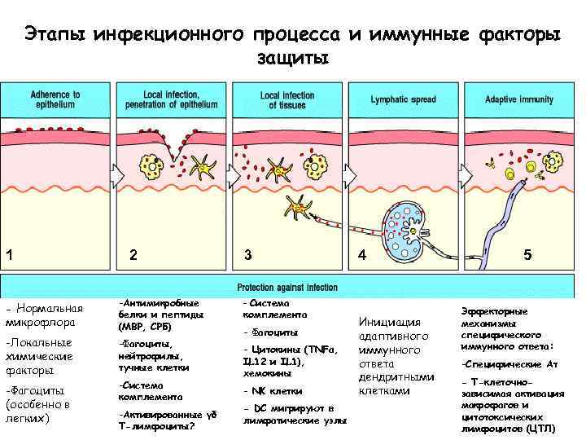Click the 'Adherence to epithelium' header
pyautogui.click(x=55, y=99)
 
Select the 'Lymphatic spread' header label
pyautogui.click(x=403, y=99)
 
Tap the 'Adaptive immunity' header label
pyautogui.click(x=518, y=99)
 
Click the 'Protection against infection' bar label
pyautogui.click(x=286, y=288)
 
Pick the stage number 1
pyautogui.click(x=8, y=255)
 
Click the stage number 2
pyautogui.click(x=133, y=255)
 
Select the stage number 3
pyautogui.click(x=248, y=255)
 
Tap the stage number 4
pyautogui.click(x=362, y=255)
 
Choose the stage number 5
pyautogui.click(x=528, y=255)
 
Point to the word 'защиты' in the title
pyautogui.click(x=293, y=59)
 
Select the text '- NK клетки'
pyautogui.click(x=273, y=390)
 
